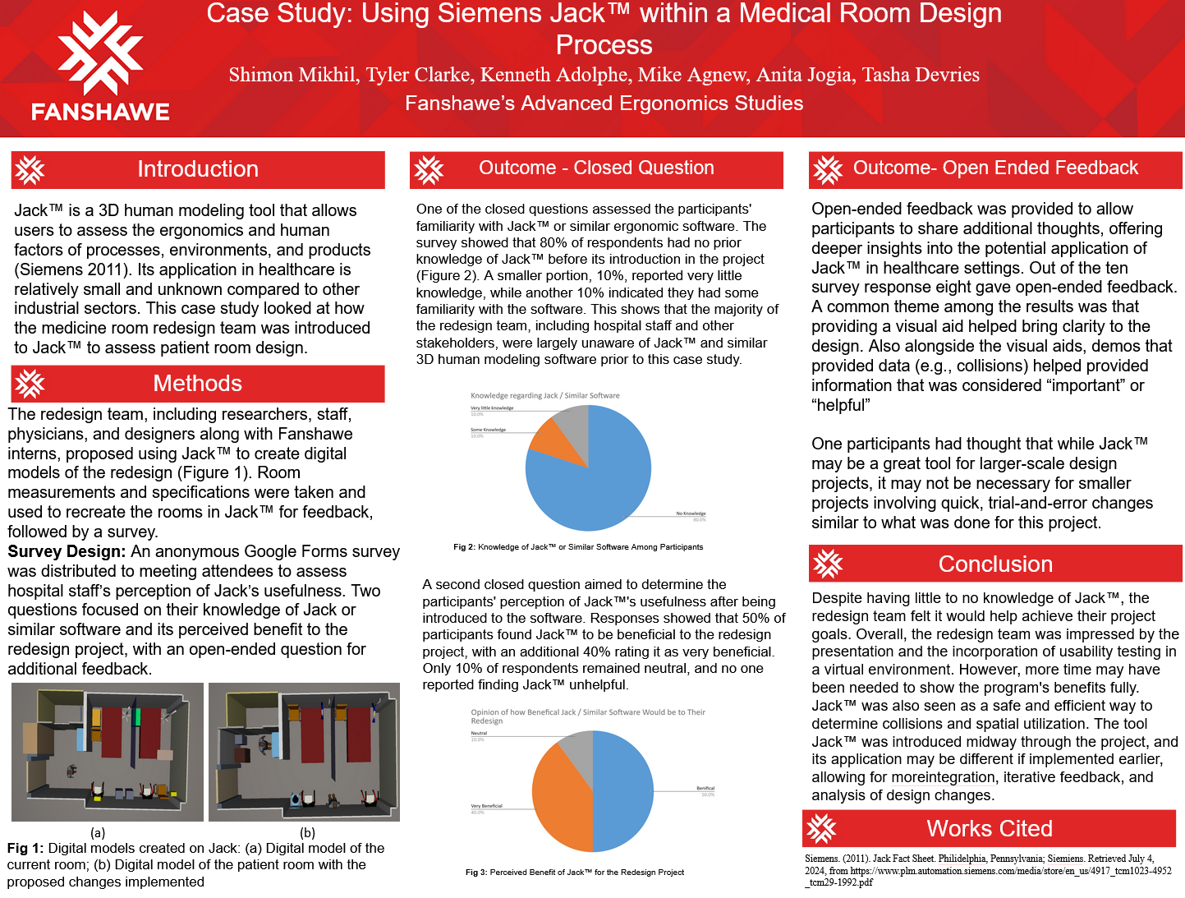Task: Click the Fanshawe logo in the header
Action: click(100, 67)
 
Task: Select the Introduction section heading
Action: click(197, 169)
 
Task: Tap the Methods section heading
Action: click(197, 384)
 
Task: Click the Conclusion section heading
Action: click(995, 564)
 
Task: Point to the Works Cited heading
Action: click(989, 828)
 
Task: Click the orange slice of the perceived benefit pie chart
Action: click(558, 801)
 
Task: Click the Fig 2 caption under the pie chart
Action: click(578, 546)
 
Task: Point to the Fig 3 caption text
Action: click(574, 872)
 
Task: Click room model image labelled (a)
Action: click(108, 752)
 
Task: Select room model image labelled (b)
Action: click(304, 752)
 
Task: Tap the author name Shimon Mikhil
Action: click(292, 75)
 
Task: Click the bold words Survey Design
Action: click(67, 551)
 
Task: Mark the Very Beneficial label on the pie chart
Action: click(486, 806)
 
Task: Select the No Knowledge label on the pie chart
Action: click(691, 513)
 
